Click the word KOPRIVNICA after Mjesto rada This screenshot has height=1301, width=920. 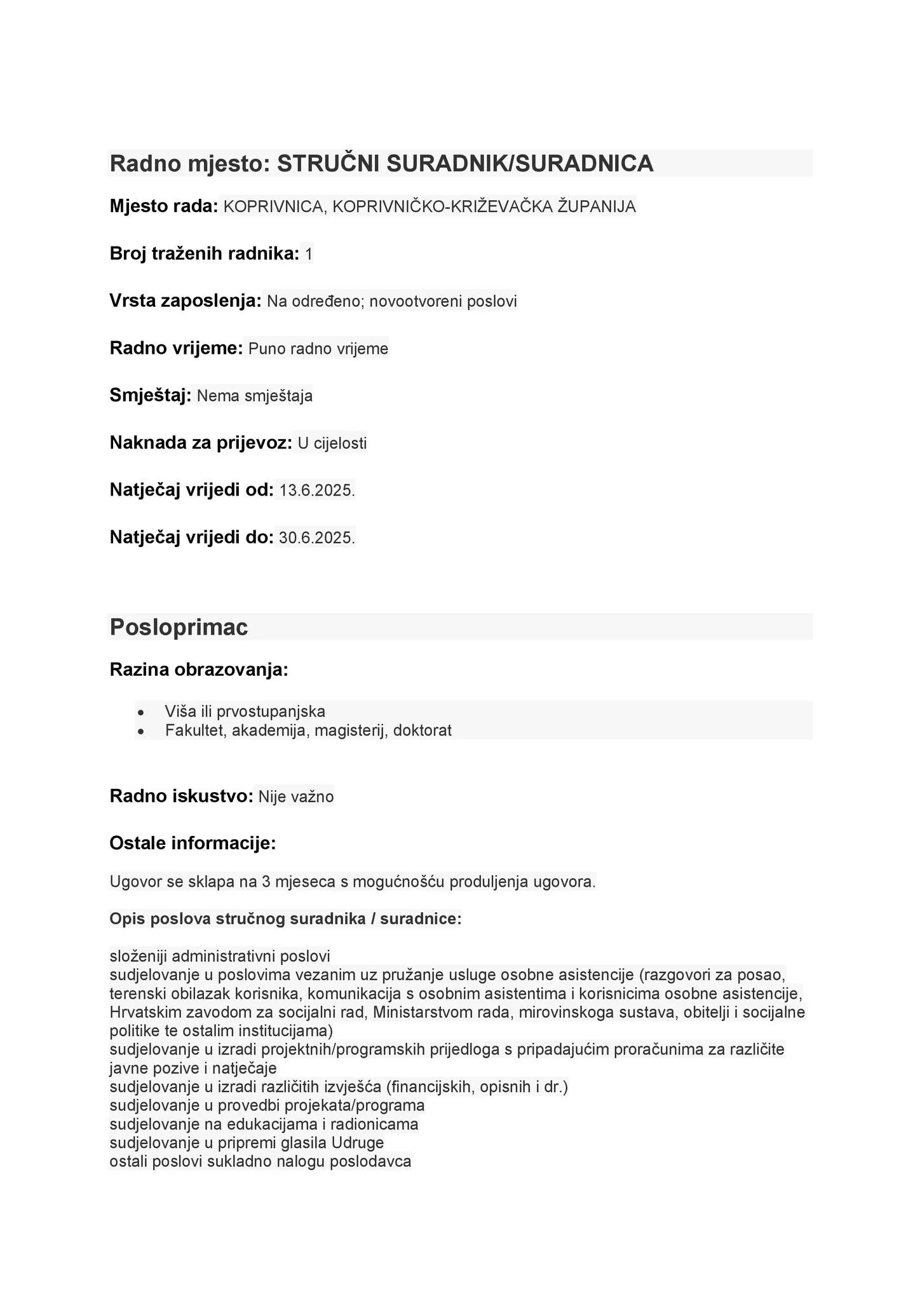(273, 207)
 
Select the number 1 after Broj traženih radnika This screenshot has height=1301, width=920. (309, 255)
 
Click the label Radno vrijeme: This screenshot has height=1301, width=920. (176, 348)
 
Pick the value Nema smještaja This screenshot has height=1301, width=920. (254, 396)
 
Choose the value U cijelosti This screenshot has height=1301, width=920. (332, 443)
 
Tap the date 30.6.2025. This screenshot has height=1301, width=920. (316, 538)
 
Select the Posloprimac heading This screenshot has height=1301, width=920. (179, 627)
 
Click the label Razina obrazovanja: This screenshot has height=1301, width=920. (199, 670)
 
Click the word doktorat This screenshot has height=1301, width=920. (423, 731)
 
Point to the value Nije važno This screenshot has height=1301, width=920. (296, 797)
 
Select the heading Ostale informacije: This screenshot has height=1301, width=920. (193, 844)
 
